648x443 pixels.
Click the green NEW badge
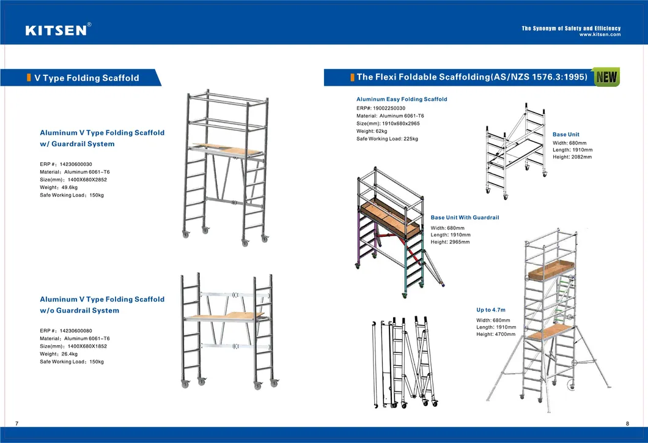point(606,77)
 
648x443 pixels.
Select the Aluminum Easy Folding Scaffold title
point(402,99)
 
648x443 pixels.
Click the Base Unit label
point(565,134)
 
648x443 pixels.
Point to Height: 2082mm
point(572,157)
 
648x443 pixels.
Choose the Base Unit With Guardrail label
point(465,217)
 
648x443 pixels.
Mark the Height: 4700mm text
point(496,334)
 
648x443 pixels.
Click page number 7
point(17,423)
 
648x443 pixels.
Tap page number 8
point(627,423)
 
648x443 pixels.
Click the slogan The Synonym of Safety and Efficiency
point(571,29)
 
